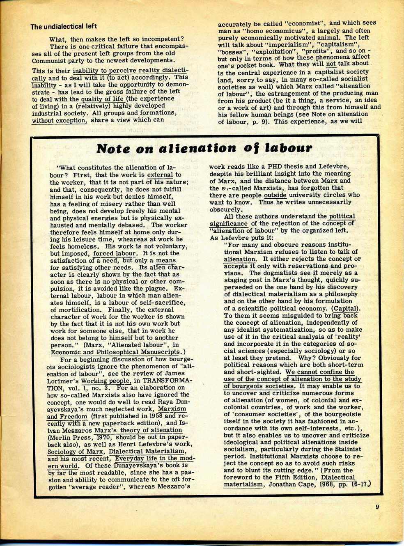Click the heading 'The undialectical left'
[64, 26]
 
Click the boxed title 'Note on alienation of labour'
[204, 148]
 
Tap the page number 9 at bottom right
[376, 507]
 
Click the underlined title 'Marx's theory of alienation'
[138, 430]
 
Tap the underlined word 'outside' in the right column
[275, 195]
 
